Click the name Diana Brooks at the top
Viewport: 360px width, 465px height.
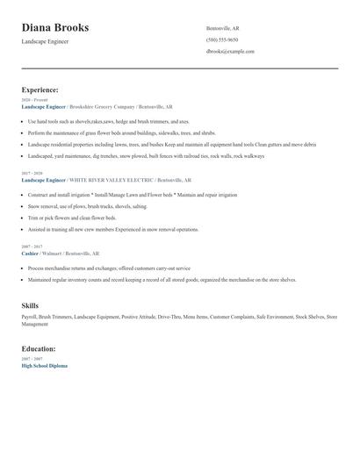pyautogui.click(x=61, y=28)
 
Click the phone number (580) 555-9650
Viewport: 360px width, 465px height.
pyautogui.click(x=221, y=39)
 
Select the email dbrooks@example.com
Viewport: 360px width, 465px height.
pyautogui.click(x=230, y=52)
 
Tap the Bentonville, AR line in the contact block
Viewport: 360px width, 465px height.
pyautogui.click(x=222, y=28)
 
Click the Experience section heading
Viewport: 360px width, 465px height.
pyautogui.click(x=40, y=89)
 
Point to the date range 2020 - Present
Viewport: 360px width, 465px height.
pyautogui.click(x=34, y=100)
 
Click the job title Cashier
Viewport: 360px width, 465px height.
pyautogui.click(x=30, y=253)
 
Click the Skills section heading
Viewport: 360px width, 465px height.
pyautogui.click(x=30, y=305)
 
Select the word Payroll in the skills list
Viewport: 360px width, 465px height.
pyautogui.click(x=29, y=316)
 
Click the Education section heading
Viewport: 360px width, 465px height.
pyautogui.click(x=38, y=348)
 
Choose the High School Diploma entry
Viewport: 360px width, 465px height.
pyautogui.click(x=44, y=365)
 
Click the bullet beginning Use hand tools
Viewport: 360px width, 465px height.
pyautogui.click(x=108, y=121)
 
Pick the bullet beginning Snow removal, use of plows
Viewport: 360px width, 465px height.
pyautogui.click(x=87, y=206)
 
